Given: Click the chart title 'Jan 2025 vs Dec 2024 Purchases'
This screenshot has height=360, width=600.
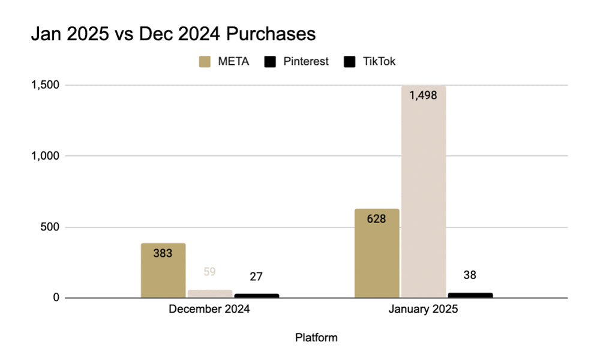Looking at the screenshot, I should coord(173,34).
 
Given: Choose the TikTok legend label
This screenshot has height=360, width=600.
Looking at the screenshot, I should coord(379,61).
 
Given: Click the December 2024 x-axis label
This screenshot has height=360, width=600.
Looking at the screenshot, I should coord(209,310).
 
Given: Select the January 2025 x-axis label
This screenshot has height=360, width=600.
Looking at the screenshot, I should coord(423,310).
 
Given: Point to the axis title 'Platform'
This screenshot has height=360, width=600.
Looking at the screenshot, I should coord(316,338).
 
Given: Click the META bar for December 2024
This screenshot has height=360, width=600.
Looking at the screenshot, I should coord(163,270).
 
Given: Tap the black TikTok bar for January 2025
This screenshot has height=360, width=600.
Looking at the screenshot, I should coord(470,295).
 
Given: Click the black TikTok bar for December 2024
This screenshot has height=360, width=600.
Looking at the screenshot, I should coord(257,296).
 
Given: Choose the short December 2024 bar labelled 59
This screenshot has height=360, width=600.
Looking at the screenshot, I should coord(210,294).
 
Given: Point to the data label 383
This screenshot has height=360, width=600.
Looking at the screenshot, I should coord(163,253).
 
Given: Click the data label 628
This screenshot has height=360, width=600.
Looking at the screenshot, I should coord(376,218).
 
